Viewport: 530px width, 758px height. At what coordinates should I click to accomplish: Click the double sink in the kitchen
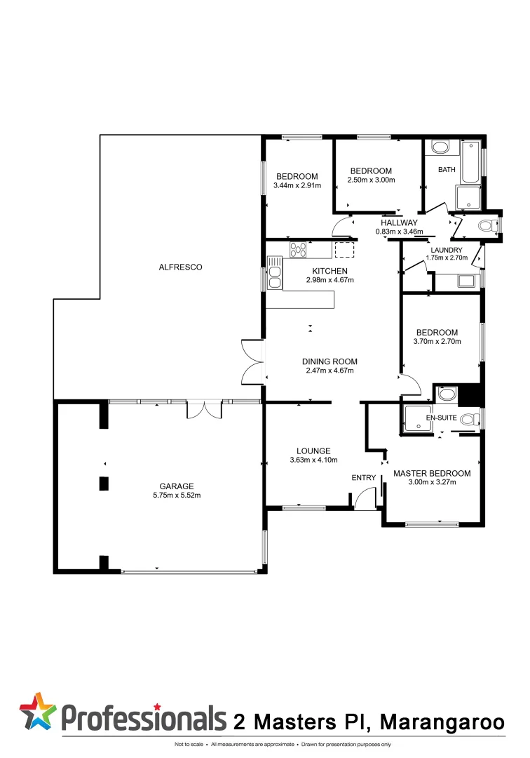(x=273, y=273)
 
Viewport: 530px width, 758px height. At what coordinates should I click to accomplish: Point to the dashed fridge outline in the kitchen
(x=345, y=250)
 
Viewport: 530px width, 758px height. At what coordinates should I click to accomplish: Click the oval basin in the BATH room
(x=440, y=147)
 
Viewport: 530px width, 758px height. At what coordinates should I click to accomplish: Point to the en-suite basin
(x=446, y=394)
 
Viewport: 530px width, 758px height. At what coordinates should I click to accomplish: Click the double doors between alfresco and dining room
(x=252, y=361)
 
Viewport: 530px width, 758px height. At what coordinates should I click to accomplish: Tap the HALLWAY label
(x=399, y=222)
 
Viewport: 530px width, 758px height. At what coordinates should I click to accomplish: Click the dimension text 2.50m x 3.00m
(x=371, y=180)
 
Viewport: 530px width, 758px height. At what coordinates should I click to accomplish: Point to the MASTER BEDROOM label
(x=432, y=473)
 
